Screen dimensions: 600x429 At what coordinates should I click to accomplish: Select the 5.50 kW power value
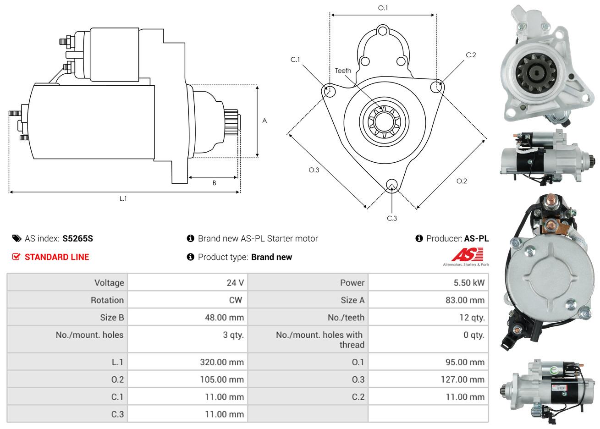pyautogui.click(x=469, y=282)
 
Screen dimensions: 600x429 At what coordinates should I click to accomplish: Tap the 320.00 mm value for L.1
pyautogui.click(x=222, y=362)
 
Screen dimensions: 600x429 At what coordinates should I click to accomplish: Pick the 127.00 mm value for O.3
pyautogui.click(x=462, y=379)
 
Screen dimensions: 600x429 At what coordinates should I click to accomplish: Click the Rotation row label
pyautogui.click(x=107, y=300)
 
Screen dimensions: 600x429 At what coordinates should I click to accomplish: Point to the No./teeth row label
pyautogui.click(x=346, y=317)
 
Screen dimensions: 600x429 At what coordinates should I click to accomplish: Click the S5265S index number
pyautogui.click(x=77, y=238)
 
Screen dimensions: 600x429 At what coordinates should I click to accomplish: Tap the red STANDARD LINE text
pyautogui.click(x=57, y=257)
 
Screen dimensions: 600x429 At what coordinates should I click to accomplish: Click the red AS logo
pyautogui.click(x=467, y=254)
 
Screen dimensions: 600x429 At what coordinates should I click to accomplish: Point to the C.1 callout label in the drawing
pyautogui.click(x=295, y=60)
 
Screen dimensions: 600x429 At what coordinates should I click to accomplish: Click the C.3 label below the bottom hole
pyautogui.click(x=391, y=218)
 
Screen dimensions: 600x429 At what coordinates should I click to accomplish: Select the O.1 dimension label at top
pyautogui.click(x=383, y=8)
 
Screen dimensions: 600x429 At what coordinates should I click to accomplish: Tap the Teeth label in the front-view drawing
pyautogui.click(x=343, y=71)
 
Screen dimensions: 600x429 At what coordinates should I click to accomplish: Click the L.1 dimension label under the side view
pyautogui.click(x=123, y=199)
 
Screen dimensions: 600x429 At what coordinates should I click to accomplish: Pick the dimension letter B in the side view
pyautogui.click(x=215, y=183)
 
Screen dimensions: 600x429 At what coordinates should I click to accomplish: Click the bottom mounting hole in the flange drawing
pyautogui.click(x=392, y=185)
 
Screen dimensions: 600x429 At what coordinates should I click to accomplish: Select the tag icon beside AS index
pyautogui.click(x=17, y=238)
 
